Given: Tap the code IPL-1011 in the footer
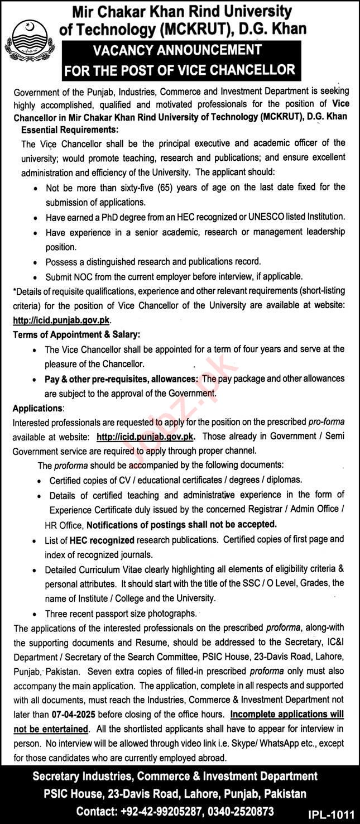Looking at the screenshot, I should (330, 812).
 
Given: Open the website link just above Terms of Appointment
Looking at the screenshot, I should (62, 320).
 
